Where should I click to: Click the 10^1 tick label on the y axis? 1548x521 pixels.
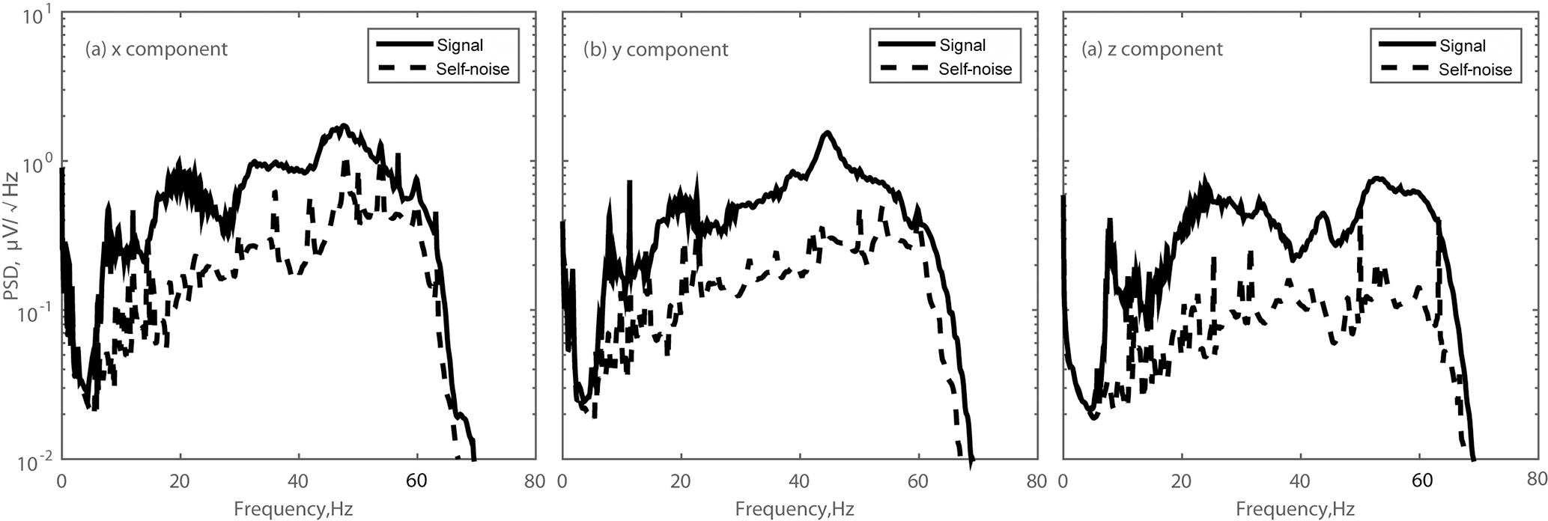point(34,16)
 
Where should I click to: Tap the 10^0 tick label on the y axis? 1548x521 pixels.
point(34,164)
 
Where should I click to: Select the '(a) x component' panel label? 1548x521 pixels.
point(156,49)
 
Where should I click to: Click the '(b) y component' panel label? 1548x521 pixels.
point(656,49)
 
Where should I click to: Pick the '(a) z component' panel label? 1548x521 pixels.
point(1152,49)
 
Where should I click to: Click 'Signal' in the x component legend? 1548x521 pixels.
point(459,45)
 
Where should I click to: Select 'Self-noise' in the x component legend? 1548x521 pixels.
point(472,69)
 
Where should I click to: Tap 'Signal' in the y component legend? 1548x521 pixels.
point(962,45)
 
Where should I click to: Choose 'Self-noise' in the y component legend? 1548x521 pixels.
point(975,69)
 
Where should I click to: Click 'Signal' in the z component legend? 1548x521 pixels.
point(1463,46)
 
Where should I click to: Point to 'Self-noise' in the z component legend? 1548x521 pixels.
point(1475,70)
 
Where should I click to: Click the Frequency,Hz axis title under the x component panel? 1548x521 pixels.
point(293,510)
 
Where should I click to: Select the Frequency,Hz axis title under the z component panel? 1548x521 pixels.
point(1296,510)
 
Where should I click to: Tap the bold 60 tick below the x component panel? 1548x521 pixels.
point(417,480)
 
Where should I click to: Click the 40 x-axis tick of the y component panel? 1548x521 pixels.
point(800,480)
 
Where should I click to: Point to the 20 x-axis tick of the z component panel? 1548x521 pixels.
point(1182,480)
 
